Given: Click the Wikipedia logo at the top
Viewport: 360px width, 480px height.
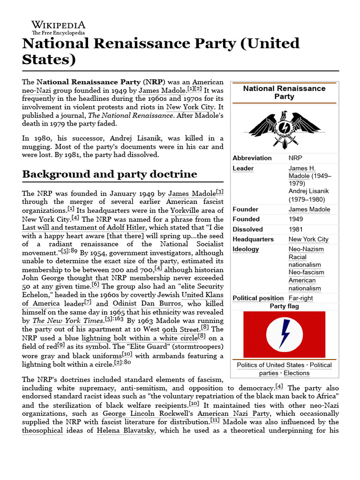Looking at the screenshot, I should [58, 28].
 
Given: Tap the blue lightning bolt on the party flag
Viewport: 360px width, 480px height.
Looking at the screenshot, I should [284, 333].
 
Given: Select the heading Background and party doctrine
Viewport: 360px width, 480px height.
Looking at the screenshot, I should [110, 174].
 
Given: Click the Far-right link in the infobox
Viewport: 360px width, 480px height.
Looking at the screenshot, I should [300, 298].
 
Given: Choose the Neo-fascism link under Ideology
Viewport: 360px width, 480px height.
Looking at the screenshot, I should [306, 272].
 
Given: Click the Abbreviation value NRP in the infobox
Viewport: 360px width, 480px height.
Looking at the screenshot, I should [296, 158].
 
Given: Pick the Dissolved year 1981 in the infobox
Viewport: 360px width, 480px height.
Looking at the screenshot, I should [296, 229].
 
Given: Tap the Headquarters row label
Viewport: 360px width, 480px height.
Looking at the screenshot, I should [253, 239].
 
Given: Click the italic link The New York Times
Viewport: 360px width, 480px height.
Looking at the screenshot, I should [67, 321].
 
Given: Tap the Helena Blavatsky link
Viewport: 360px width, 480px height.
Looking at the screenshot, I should [126, 430].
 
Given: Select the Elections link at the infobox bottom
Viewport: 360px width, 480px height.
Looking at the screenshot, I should [296, 373].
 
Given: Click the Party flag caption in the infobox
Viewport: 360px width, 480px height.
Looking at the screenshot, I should [284, 306].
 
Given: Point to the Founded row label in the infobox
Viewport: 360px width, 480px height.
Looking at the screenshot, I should [246, 219].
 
